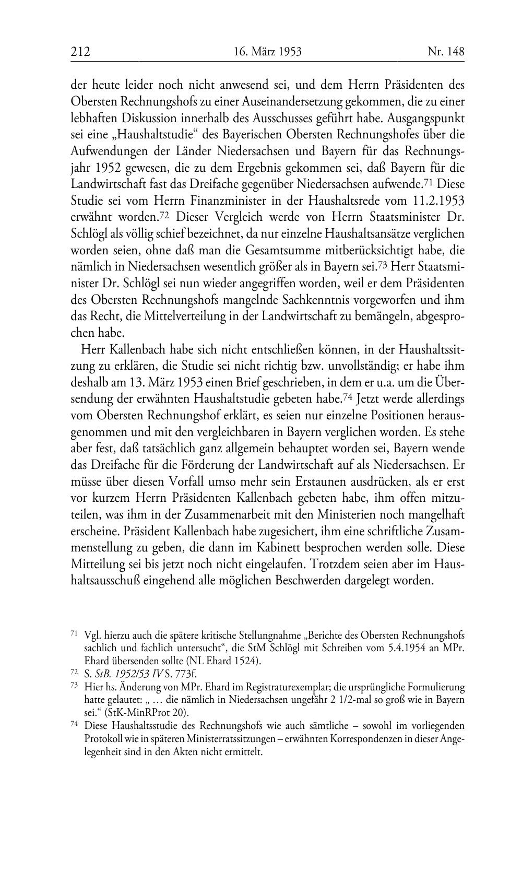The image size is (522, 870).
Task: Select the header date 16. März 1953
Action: tap(268, 52)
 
